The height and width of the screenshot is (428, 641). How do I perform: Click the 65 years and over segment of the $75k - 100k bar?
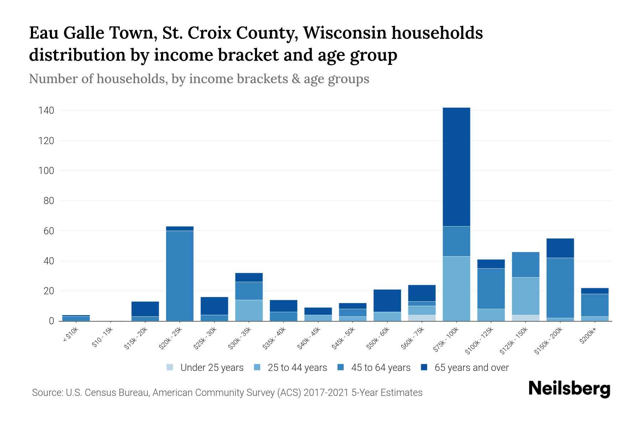456,167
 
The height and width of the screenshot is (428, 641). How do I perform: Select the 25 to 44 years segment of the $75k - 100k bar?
456,289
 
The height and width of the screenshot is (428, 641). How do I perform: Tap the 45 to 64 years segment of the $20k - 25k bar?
180,276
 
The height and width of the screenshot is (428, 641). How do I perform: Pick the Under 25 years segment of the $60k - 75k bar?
422,318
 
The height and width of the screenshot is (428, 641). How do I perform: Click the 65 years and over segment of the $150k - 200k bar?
560,248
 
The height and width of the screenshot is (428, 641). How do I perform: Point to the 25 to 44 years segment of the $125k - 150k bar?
526,296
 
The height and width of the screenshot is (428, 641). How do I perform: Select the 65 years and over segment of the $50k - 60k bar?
387,300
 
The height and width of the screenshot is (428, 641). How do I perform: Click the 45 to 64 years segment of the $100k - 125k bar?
491,288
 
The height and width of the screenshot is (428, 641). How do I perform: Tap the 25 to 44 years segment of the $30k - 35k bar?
249,310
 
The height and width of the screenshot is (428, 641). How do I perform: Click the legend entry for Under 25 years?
212,368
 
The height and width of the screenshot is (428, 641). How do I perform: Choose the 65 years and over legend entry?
471,368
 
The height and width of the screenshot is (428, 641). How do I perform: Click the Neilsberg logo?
569,389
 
